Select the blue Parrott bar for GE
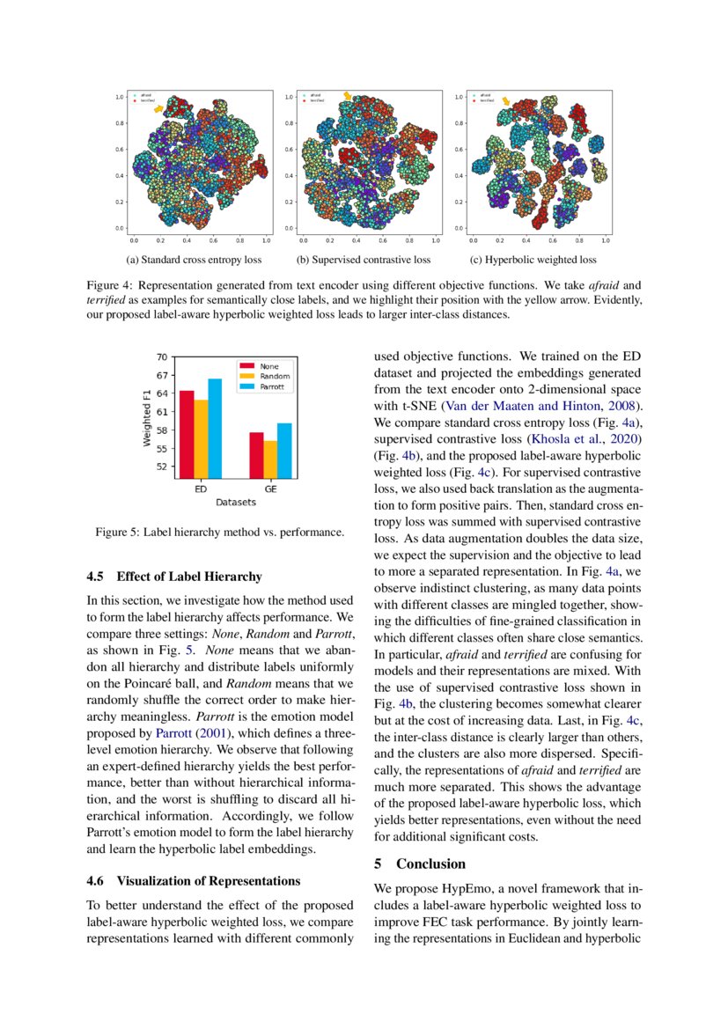[x=283, y=449]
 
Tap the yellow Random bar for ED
[x=201, y=437]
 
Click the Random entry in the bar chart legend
[x=274, y=375]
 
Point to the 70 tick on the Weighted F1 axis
[x=161, y=357]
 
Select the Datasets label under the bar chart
[x=235, y=503]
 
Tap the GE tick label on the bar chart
[x=269, y=489]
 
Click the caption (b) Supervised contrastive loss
[x=364, y=260]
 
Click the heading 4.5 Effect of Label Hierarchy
[x=173, y=577]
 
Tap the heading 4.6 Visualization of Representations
[x=194, y=880]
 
